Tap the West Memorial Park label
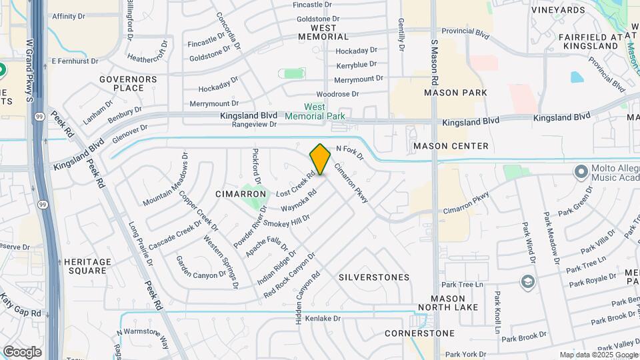tap(315, 111)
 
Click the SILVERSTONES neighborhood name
tap(373, 277)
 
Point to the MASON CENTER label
tap(451, 146)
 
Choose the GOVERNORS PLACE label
tap(128, 83)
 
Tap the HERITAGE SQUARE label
tap(87, 266)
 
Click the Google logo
tap(22, 351)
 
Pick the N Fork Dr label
tap(349, 152)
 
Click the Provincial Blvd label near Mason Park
tap(466, 31)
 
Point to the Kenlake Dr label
tap(323, 319)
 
